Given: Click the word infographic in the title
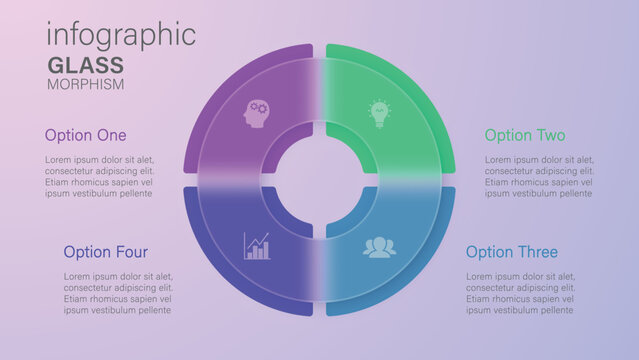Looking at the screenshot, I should click(121, 34).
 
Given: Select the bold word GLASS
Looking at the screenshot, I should click(86, 66).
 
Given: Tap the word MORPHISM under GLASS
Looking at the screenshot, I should click(86, 84).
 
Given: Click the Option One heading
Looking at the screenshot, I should click(86, 135).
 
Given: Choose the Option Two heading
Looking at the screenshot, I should click(525, 135).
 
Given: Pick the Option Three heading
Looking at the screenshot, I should click(512, 252).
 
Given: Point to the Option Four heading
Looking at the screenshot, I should click(106, 252).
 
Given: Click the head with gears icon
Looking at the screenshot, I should click(257, 113).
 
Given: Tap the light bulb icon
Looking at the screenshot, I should click(378, 112).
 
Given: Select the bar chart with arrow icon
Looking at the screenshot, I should click(257, 245).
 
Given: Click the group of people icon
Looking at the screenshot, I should click(379, 247).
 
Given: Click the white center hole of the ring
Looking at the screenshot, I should click(320, 180).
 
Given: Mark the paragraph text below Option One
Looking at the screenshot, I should click(99, 176).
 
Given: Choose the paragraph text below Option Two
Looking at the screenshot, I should click(539, 176).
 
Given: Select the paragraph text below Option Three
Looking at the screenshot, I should click(520, 293).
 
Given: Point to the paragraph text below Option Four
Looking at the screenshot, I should click(118, 293).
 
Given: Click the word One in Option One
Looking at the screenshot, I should click(110, 135).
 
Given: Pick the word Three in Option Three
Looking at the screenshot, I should click(539, 252).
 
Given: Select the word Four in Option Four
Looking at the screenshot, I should click(130, 252).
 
